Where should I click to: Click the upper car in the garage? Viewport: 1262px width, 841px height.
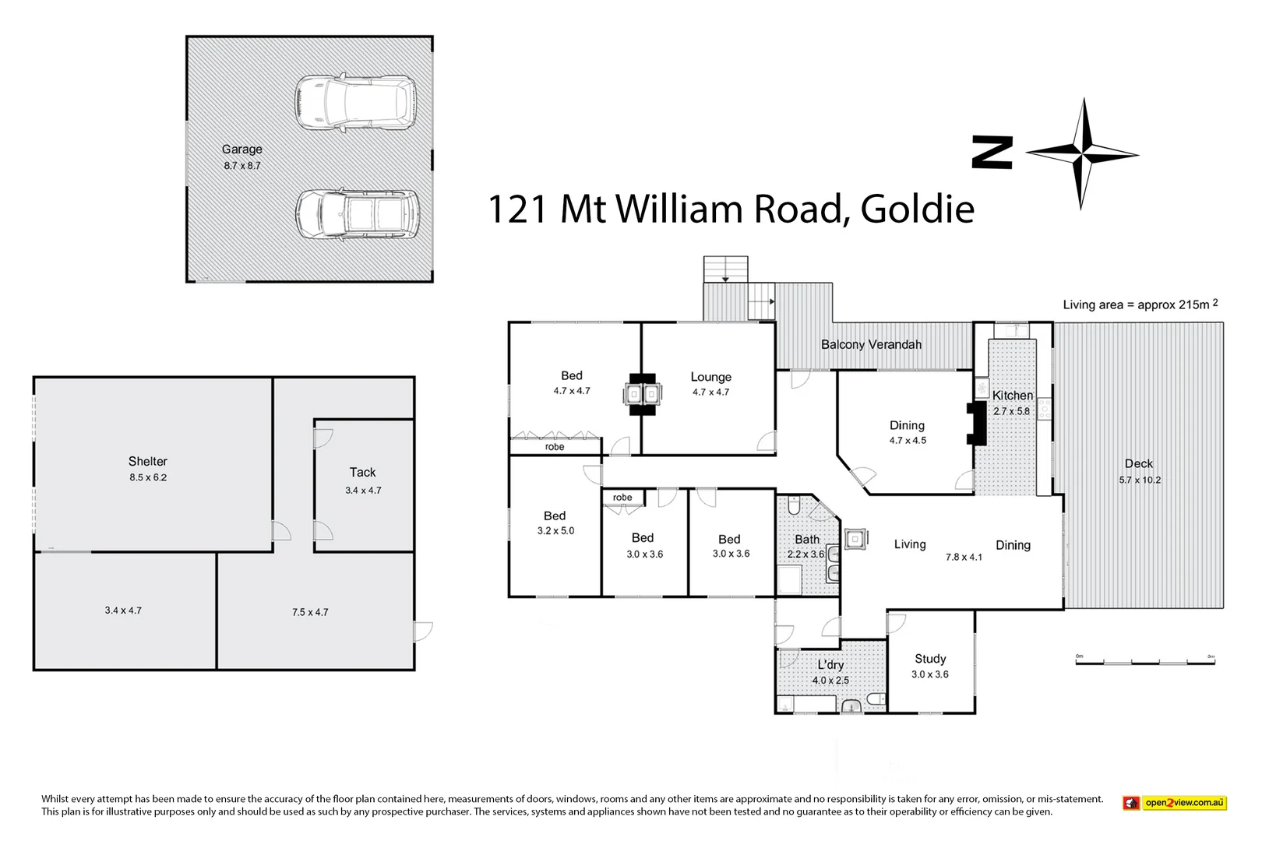pyautogui.click(x=355, y=102)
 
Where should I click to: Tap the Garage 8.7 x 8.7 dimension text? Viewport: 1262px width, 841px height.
pyautogui.click(x=242, y=166)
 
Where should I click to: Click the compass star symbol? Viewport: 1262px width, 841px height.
pyautogui.click(x=1082, y=153)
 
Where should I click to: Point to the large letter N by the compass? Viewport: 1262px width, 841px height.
pyautogui.click(x=992, y=153)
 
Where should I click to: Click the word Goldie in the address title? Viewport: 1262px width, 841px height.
pyautogui.click(x=917, y=209)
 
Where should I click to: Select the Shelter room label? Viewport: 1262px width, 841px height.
pyautogui.click(x=148, y=461)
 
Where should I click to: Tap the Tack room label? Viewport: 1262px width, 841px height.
pyautogui.click(x=362, y=472)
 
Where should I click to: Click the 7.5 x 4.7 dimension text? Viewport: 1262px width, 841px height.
pyautogui.click(x=310, y=612)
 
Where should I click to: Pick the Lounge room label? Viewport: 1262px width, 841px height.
pyautogui.click(x=710, y=377)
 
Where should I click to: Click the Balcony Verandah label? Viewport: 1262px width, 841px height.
pyautogui.click(x=871, y=344)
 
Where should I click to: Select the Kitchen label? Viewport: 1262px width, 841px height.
pyautogui.click(x=1012, y=396)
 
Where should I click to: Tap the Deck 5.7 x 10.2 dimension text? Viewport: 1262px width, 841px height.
pyautogui.click(x=1140, y=480)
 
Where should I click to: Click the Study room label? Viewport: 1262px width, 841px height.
pyautogui.click(x=930, y=659)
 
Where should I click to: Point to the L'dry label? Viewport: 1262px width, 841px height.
pyautogui.click(x=830, y=665)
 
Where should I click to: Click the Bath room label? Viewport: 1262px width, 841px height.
pyautogui.click(x=807, y=539)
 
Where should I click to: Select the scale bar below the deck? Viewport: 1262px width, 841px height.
pyautogui.click(x=1145, y=661)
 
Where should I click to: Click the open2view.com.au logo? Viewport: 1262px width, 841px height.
pyautogui.click(x=1175, y=803)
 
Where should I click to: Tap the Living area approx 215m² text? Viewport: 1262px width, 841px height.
pyautogui.click(x=1140, y=304)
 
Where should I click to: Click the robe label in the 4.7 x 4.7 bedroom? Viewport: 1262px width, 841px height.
pyautogui.click(x=555, y=447)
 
